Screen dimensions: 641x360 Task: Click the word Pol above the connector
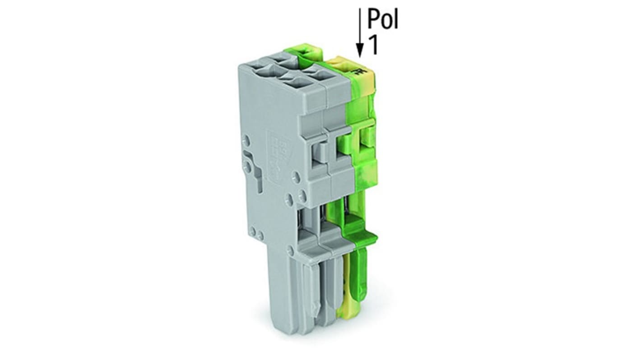[383, 19]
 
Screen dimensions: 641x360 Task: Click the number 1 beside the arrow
[373, 45]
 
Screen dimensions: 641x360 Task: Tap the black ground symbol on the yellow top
[359, 71]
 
